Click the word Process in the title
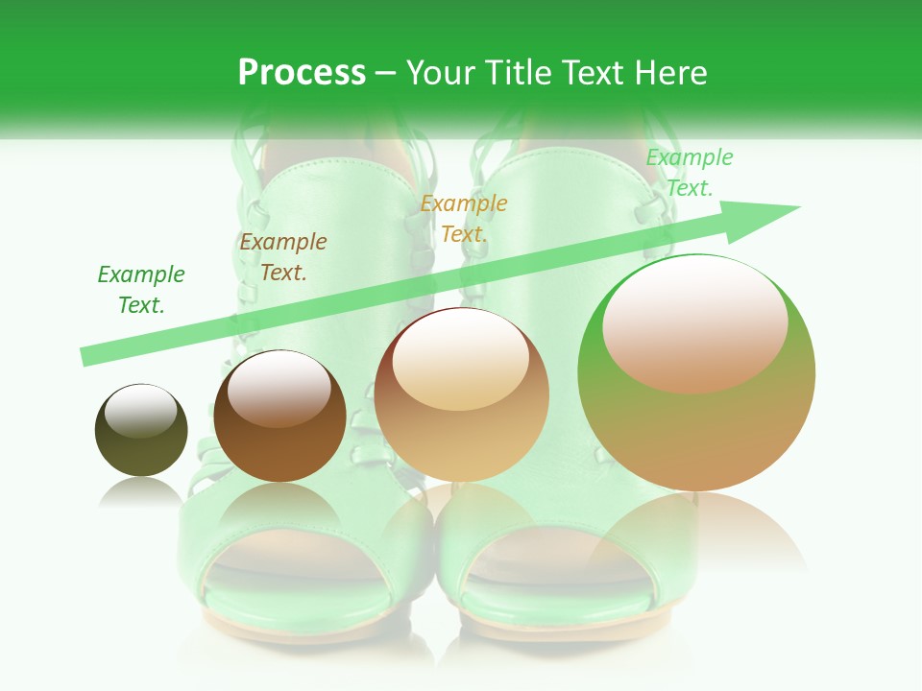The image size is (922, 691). pos(302,73)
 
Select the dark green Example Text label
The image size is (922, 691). pos(141,290)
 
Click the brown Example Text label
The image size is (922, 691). pos(283,257)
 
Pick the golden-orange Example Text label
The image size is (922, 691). pos(464,219)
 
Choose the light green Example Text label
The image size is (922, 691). pos(690,173)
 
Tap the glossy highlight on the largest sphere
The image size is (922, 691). pos(694,326)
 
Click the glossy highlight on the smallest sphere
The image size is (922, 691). pos(140,411)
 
